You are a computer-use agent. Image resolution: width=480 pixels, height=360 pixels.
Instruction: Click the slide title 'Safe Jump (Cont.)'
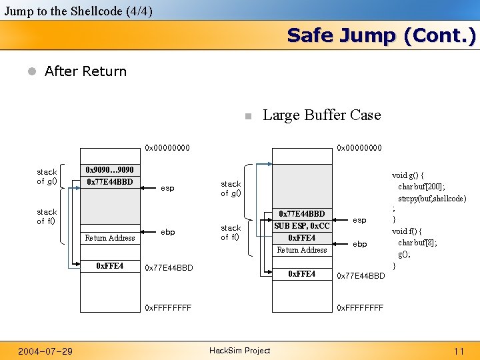pyautogui.click(x=381, y=35)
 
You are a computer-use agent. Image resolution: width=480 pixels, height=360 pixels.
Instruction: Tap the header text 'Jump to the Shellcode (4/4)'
pyautogui.click(x=78, y=11)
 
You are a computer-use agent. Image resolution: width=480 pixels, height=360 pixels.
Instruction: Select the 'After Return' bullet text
pyautogui.click(x=85, y=71)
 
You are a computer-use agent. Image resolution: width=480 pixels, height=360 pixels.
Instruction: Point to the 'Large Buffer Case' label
pyautogui.click(x=321, y=115)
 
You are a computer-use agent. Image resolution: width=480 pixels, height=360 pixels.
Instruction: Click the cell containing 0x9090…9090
pyautogui.click(x=110, y=170)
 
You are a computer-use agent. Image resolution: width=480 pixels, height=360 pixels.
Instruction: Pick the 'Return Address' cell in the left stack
pyautogui.click(x=110, y=238)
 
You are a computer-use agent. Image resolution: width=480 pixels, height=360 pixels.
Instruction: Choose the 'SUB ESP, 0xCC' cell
pyautogui.click(x=301, y=226)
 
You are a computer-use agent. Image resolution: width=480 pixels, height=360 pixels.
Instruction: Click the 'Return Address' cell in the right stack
pyautogui.click(x=301, y=250)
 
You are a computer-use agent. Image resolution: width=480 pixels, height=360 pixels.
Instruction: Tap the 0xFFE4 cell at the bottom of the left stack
pyautogui.click(x=110, y=266)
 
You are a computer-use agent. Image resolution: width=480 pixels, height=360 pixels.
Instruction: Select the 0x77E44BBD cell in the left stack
pyautogui.click(x=110, y=182)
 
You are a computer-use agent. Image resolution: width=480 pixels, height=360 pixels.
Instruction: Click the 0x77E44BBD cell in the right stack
pyautogui.click(x=301, y=214)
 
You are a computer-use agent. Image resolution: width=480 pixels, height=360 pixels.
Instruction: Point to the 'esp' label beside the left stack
pyautogui.click(x=167, y=189)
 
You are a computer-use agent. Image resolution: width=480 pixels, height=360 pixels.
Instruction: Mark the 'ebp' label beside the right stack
pyautogui.click(x=359, y=244)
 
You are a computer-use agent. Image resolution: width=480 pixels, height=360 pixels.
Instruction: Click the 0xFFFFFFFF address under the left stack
pyautogui.click(x=168, y=308)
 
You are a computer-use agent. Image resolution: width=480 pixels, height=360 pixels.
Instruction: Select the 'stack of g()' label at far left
pyautogui.click(x=47, y=177)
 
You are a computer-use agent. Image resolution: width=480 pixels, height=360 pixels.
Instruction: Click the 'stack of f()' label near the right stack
pyautogui.click(x=231, y=232)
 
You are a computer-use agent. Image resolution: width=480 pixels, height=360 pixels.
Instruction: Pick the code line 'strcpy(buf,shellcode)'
pyautogui.click(x=432, y=199)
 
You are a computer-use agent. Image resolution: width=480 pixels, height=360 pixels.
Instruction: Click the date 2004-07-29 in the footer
pyautogui.click(x=45, y=351)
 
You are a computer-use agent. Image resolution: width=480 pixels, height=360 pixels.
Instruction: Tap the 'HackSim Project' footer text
pyautogui.click(x=240, y=351)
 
